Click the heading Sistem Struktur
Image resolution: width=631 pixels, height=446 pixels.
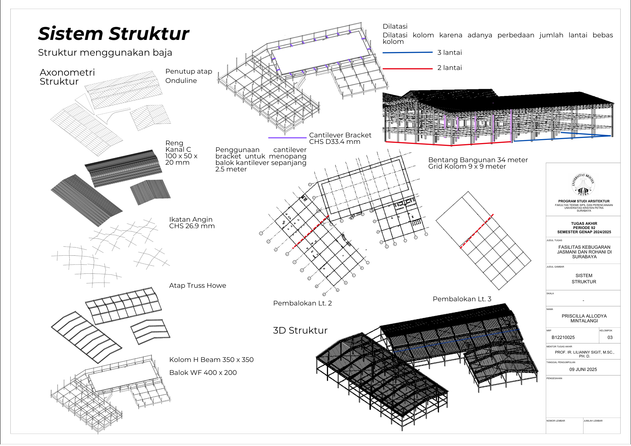(114, 34)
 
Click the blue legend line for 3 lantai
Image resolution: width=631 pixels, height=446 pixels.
(407, 53)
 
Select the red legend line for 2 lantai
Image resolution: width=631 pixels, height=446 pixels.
(407, 69)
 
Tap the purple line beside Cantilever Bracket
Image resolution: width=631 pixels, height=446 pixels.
(287, 138)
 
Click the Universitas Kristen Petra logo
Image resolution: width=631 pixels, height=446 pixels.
(583, 184)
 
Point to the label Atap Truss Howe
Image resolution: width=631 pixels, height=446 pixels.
(197, 286)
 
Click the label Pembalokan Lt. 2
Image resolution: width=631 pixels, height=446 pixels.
(302, 303)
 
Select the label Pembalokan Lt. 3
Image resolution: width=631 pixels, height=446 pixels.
(462, 299)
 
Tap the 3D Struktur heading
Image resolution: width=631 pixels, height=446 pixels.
(300, 330)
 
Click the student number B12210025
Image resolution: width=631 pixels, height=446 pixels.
(563, 338)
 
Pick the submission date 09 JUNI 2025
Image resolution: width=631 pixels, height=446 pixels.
(583, 370)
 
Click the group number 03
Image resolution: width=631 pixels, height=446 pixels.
(610, 338)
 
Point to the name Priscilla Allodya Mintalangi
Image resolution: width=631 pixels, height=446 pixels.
(584, 318)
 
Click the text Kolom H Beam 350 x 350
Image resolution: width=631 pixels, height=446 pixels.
(211, 360)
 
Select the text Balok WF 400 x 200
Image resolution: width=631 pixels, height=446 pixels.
(203, 373)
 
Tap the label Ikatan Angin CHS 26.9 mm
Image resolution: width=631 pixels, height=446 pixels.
(192, 223)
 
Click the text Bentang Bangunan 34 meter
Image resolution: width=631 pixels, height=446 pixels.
(478, 160)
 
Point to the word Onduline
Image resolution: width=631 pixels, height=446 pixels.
(181, 81)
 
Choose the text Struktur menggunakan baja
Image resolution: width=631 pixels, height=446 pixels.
(105, 53)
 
